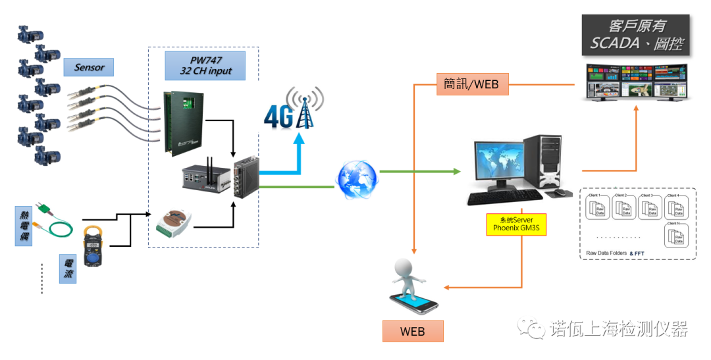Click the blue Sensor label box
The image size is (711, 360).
tap(89, 67)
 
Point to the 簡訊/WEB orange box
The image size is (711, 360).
tap(471, 84)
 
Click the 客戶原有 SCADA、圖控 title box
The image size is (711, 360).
tap(635, 36)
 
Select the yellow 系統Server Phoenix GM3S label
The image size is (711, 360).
tap(516, 224)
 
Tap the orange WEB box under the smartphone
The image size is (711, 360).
tap(413, 331)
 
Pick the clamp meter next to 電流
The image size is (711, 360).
tap(94, 248)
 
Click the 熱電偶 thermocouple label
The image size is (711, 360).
tap(23, 225)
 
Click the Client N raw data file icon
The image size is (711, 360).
tap(677, 236)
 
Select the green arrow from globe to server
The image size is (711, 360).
tap(421, 172)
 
